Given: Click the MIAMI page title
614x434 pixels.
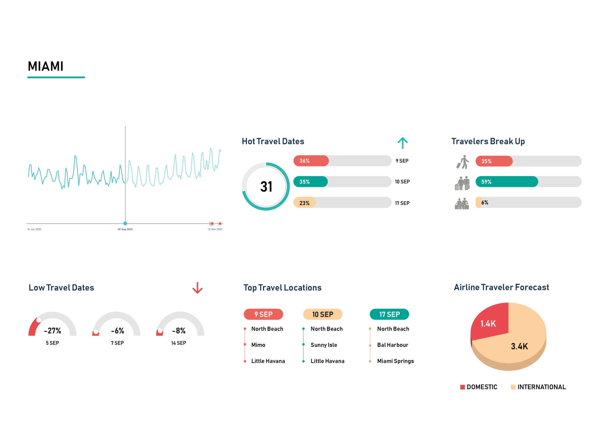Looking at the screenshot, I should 46,66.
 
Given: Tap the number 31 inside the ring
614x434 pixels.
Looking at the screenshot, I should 266,187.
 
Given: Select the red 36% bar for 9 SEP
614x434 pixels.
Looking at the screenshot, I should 311,161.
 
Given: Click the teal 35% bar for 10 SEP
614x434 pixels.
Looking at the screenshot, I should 310,182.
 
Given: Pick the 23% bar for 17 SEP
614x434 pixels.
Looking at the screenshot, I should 305,203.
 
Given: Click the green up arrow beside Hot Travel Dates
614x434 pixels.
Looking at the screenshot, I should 402,143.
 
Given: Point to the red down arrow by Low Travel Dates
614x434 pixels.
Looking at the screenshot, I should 197,288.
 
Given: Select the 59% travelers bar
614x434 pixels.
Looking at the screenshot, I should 506,182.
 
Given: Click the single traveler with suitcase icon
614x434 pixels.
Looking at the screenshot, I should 463,162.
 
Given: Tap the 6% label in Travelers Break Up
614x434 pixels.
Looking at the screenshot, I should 484,202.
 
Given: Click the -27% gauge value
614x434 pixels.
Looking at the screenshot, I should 53,331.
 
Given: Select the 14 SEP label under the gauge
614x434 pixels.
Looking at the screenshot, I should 179,343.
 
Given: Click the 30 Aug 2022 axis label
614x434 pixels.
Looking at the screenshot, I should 125,229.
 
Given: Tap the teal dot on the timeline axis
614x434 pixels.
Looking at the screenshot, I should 125,223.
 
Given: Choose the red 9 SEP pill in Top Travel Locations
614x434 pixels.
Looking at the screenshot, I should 263,314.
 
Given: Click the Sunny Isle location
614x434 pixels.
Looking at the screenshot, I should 324,345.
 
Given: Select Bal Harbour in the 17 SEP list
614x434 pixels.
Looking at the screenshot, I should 393,345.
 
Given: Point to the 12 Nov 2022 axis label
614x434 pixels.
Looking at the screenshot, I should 215,229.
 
